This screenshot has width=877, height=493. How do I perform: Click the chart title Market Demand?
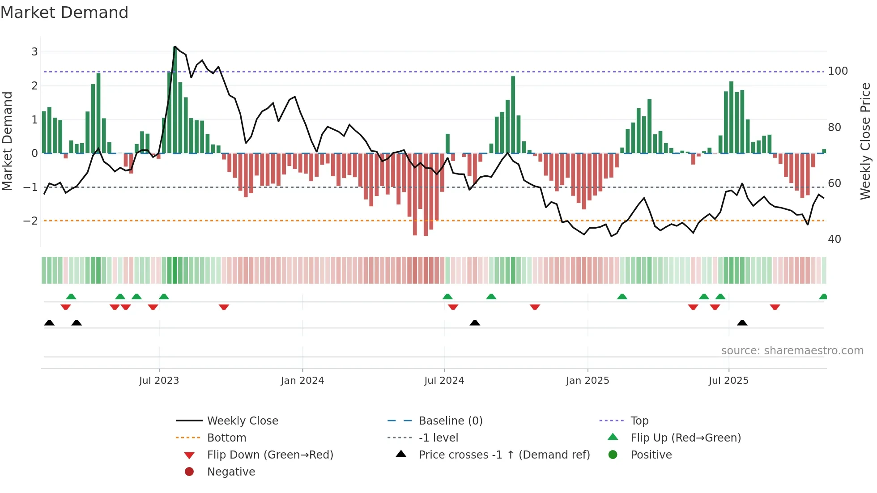64,13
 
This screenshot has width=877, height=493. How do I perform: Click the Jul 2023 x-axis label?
159,381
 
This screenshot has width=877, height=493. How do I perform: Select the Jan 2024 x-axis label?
302,381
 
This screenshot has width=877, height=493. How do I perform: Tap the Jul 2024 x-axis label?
444,381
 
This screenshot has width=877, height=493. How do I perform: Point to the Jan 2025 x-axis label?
588,381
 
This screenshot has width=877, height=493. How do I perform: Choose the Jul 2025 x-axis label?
728,381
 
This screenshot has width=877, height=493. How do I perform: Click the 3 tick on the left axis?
34,52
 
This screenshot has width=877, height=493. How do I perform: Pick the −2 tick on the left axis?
31,221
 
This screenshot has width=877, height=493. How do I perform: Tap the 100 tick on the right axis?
838,71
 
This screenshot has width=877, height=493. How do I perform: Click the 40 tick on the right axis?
834,239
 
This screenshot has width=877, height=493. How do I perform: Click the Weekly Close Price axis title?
865,141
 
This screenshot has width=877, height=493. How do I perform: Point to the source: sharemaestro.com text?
792,351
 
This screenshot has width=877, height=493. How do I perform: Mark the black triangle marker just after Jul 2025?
742,323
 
